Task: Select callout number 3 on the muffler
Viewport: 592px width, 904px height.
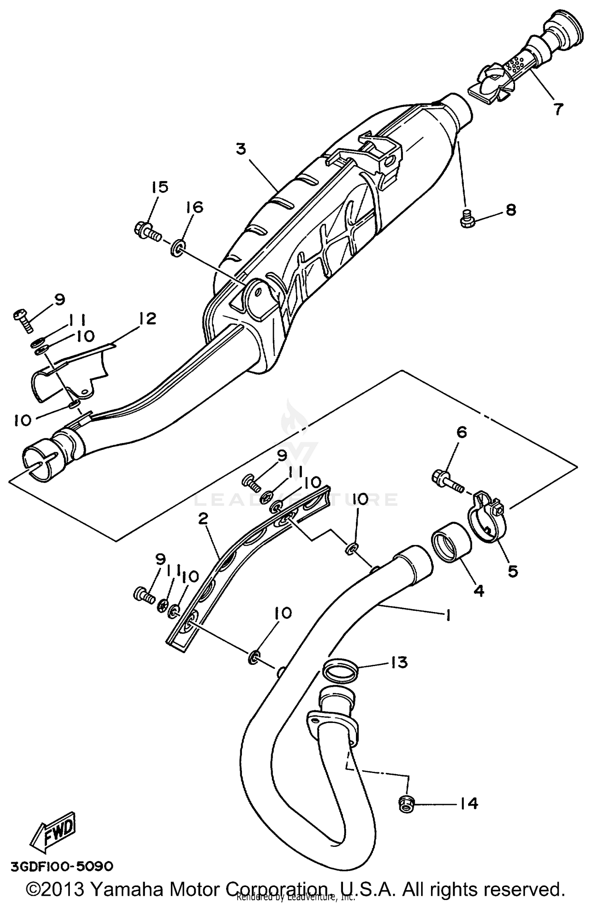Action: [241, 149]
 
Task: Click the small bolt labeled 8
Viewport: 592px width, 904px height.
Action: [466, 218]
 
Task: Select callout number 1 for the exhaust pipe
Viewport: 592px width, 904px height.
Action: [448, 615]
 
